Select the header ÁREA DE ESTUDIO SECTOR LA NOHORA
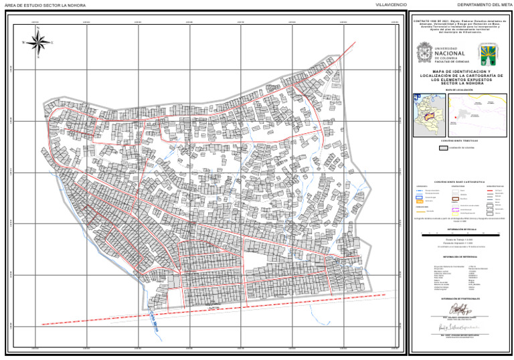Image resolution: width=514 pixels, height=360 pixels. coord(40,5)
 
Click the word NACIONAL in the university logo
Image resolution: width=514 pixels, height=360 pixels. coord(454,54)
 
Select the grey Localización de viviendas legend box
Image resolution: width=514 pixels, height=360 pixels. coord(442,149)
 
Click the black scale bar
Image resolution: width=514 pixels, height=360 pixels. coord(460,234)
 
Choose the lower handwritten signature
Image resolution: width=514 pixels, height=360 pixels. coord(460,329)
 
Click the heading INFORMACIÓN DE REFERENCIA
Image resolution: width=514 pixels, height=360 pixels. coord(460,256)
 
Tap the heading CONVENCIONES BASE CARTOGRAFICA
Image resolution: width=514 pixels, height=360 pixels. coord(460,181)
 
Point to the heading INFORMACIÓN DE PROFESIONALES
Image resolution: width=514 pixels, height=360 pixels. coord(460,298)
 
